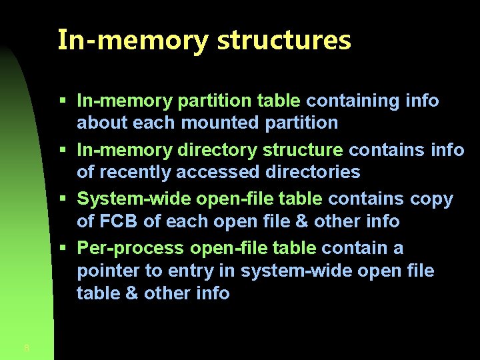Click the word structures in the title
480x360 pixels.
[x=284, y=40]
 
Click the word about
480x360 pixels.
[x=102, y=123]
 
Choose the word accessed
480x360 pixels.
[x=219, y=172]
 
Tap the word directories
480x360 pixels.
[x=313, y=172]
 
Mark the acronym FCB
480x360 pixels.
[x=120, y=221]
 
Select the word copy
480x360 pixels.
[x=432, y=199]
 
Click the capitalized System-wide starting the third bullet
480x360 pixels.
[x=131, y=199]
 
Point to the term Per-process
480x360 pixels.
[x=131, y=248]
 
